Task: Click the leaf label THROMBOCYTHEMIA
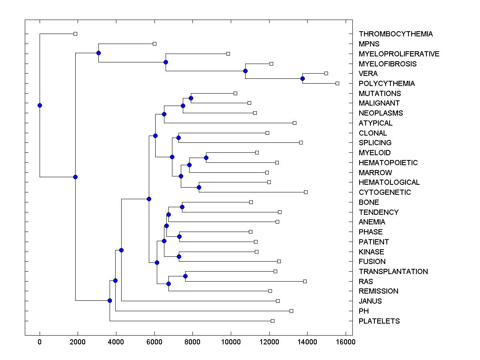click(396, 34)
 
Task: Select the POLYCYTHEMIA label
click(386, 84)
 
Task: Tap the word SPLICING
click(375, 143)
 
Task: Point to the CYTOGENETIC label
click(384, 192)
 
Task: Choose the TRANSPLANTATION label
click(393, 272)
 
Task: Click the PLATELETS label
click(379, 321)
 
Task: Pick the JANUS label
click(370, 301)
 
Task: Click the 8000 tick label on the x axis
click(192, 342)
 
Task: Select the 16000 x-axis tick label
click(345, 342)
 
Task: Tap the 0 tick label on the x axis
click(40, 342)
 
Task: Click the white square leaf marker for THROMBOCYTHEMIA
click(75, 34)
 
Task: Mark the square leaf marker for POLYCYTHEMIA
click(337, 83)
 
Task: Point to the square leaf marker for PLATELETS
click(272, 321)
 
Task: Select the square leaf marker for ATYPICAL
click(294, 123)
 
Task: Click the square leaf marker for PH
click(291, 311)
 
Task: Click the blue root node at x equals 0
click(40, 106)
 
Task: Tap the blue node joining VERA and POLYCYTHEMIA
click(303, 78)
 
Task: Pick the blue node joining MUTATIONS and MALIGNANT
click(191, 98)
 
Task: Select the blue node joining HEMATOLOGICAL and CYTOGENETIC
click(199, 187)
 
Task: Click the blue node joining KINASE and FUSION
click(179, 256)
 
